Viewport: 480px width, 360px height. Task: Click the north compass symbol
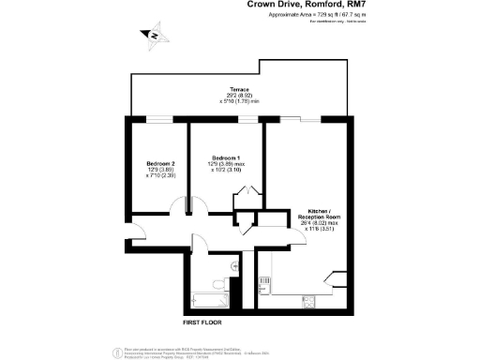coord(153,36)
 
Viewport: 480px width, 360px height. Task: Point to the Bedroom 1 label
coord(227,157)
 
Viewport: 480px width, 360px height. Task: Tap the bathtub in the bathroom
coord(205,301)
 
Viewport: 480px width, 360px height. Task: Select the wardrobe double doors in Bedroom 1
coord(247,192)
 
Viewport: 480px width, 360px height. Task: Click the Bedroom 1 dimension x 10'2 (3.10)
coord(227,170)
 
